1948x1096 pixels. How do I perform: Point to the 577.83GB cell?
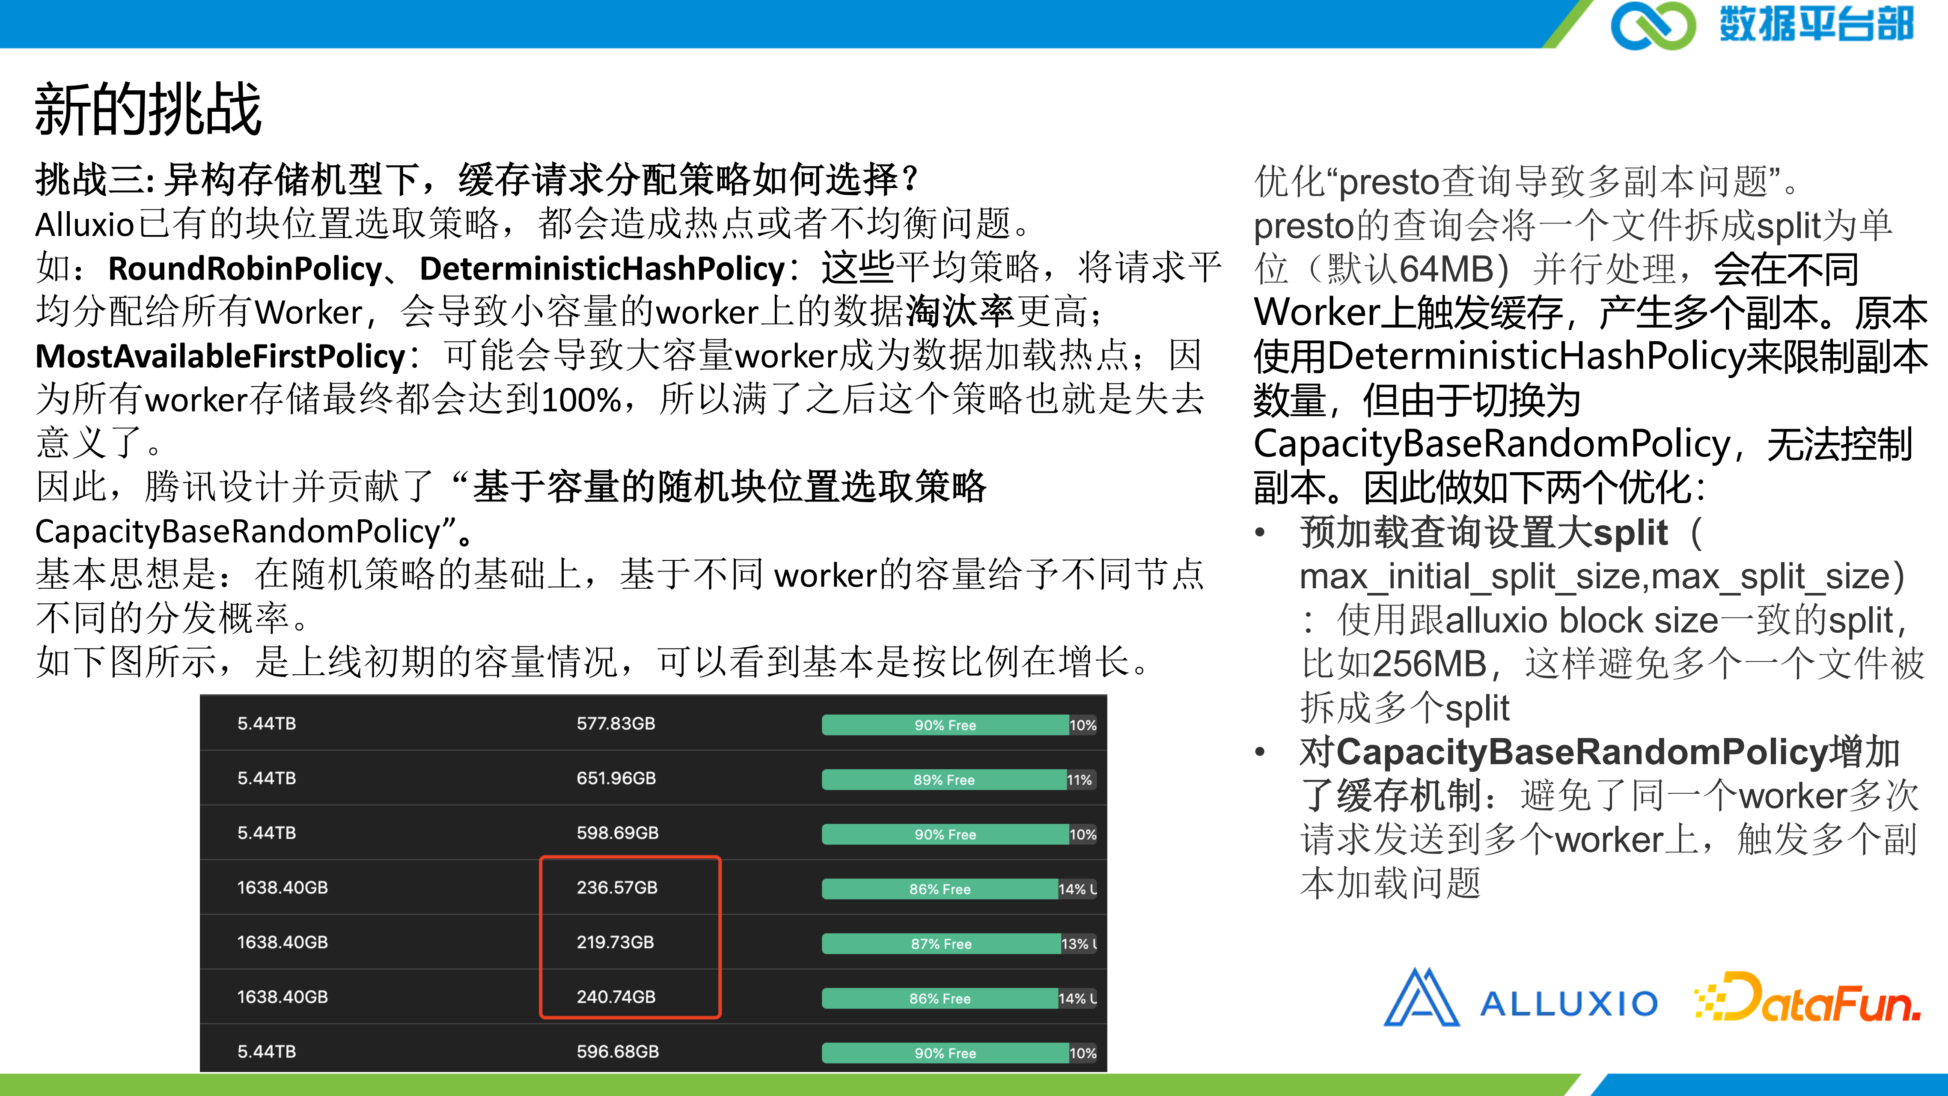[616, 724]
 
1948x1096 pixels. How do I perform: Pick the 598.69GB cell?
[617, 833]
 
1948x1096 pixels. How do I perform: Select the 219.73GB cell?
[615, 942]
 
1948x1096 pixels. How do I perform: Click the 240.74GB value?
[616, 997]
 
